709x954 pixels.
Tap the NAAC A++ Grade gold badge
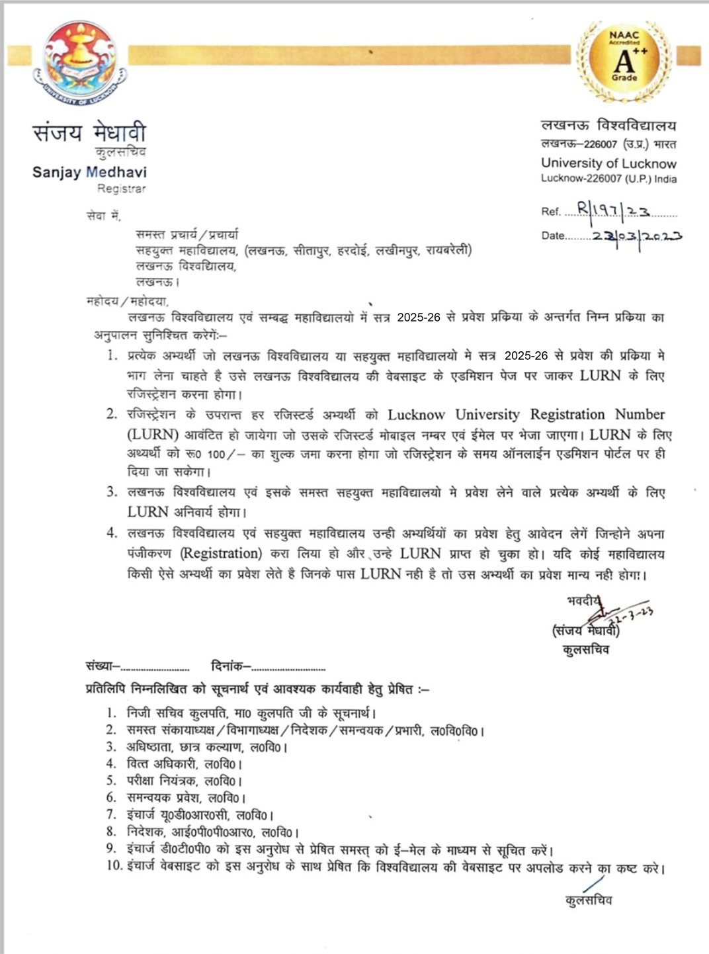(624, 59)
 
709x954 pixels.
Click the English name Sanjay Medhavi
(89, 172)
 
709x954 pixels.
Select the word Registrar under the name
(121, 189)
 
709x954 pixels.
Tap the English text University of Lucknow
(608, 163)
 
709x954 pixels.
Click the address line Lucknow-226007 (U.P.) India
(608, 179)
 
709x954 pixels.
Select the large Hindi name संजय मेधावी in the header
(89, 133)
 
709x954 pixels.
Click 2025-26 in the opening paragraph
(419, 318)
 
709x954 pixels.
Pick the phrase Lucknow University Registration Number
(526, 415)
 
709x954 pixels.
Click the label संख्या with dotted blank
(137, 667)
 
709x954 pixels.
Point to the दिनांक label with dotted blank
(268, 667)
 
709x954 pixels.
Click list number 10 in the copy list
(114, 866)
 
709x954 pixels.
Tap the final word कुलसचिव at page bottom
(589, 900)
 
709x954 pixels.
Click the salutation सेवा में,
(104, 216)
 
